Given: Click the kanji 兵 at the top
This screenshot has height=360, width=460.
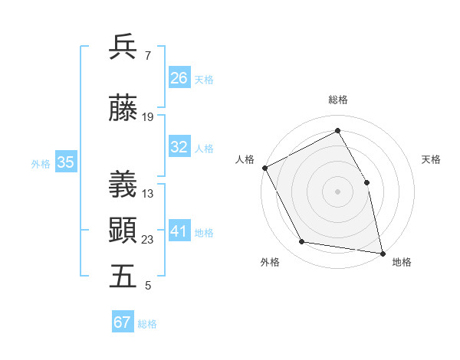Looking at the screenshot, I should pyautogui.click(x=123, y=47).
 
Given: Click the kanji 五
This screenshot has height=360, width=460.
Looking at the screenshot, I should pyautogui.click(x=123, y=277).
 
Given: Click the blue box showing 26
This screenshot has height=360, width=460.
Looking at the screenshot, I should pyautogui.click(x=179, y=77).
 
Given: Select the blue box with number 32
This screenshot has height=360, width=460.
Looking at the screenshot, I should pyautogui.click(x=179, y=148).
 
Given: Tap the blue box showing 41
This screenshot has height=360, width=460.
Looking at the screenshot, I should pyautogui.click(x=179, y=232).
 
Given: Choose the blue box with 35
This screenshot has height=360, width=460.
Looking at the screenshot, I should pyautogui.click(x=66, y=162).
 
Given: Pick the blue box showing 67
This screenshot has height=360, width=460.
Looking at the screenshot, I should pyautogui.click(x=123, y=322).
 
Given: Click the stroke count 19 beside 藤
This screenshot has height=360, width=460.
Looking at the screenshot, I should pyautogui.click(x=148, y=117).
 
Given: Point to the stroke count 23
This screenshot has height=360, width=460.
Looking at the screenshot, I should pyautogui.click(x=148, y=240).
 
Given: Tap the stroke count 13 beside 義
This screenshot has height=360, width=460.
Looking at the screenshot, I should pyautogui.click(x=148, y=194).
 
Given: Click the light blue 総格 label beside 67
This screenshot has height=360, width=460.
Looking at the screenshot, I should pyautogui.click(x=148, y=324).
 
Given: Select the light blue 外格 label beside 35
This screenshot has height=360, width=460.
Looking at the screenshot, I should pyautogui.click(x=41, y=163).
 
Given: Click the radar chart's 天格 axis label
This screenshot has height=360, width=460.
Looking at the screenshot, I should pyautogui.click(x=432, y=159).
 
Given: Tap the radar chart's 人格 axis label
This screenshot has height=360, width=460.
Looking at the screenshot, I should pyautogui.click(x=245, y=159).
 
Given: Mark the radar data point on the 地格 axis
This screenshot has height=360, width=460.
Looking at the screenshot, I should pyautogui.click(x=382, y=253).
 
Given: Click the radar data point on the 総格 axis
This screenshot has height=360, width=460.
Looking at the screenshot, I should pyautogui.click(x=337, y=131).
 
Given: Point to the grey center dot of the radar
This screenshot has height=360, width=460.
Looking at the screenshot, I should pyautogui.click(x=337, y=191).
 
